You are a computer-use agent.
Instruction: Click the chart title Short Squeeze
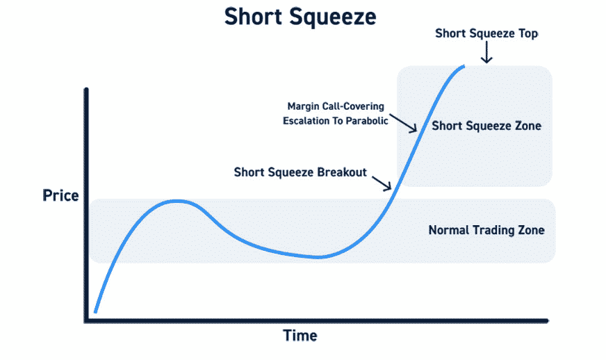point(300,17)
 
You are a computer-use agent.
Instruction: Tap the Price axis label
point(60,196)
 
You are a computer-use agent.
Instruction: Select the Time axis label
point(300,336)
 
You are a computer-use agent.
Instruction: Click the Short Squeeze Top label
point(486,33)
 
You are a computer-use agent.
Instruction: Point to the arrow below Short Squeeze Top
point(486,52)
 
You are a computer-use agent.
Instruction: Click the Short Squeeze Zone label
point(486,126)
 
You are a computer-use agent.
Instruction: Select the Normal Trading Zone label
point(486,230)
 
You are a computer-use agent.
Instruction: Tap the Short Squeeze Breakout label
point(300,172)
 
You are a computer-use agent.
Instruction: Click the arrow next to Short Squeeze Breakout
point(382,183)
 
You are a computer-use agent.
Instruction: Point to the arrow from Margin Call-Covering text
point(403,123)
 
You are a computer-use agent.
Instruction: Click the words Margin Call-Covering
point(336,106)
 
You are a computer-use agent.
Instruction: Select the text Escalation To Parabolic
point(336,121)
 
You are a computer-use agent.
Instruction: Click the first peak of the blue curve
point(177,201)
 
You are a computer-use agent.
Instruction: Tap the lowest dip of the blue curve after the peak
point(318,257)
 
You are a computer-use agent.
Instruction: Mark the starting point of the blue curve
point(95,311)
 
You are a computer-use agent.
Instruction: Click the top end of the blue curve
point(464,67)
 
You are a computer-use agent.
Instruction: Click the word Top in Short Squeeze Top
point(528,33)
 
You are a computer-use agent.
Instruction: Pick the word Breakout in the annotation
point(342,172)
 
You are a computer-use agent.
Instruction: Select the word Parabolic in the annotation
point(367,121)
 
